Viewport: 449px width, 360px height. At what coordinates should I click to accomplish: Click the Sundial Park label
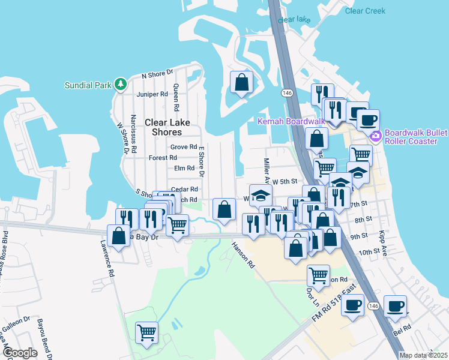[88, 85]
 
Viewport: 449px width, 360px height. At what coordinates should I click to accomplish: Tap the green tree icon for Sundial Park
[121, 84]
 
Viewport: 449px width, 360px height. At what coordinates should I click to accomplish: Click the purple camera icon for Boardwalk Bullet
[376, 137]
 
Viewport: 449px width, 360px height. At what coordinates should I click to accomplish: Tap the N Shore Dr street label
[157, 74]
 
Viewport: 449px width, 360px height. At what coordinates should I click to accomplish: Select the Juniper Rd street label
[152, 94]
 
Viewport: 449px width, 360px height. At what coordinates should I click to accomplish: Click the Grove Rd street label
[184, 147]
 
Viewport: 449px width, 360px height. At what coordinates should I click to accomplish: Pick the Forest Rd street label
[161, 158]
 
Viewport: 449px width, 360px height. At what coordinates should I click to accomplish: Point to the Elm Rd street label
[184, 169]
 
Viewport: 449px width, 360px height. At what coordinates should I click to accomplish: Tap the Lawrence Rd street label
[108, 259]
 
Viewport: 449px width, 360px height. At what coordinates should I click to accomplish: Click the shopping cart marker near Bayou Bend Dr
[146, 332]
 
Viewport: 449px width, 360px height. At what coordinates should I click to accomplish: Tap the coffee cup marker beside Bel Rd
[396, 307]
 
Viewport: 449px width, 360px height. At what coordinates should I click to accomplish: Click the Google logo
[20, 353]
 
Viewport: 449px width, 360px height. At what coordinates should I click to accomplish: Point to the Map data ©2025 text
[423, 355]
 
